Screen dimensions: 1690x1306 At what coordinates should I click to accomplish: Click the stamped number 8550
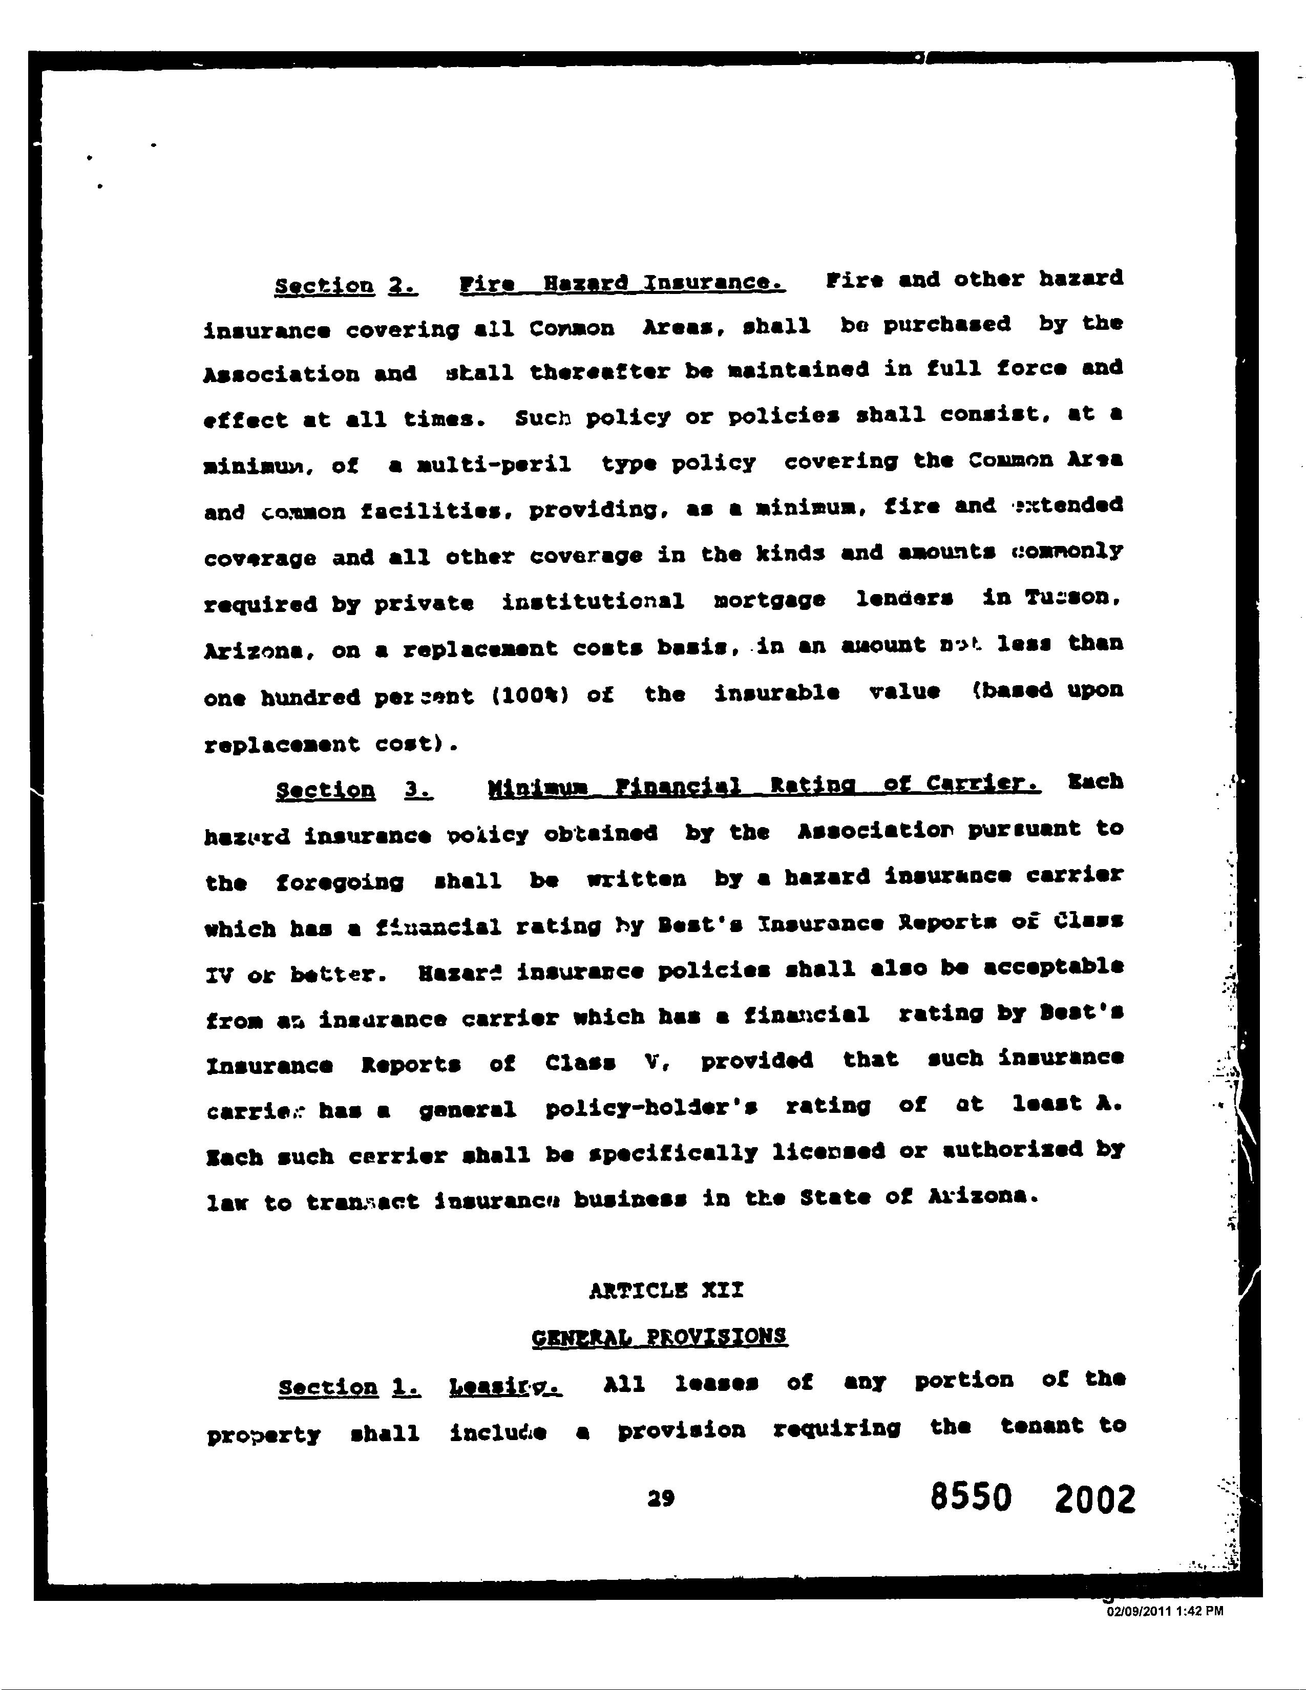pyautogui.click(x=971, y=1498)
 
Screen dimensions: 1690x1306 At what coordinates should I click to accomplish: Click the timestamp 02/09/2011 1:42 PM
pyautogui.click(x=1165, y=1611)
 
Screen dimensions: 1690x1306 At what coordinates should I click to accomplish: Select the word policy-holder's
pyautogui.click(x=650, y=1109)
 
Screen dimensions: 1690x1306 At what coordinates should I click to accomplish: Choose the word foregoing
pyautogui.click(x=339, y=882)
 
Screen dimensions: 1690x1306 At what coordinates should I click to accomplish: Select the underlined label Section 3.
pyautogui.click(x=353, y=790)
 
